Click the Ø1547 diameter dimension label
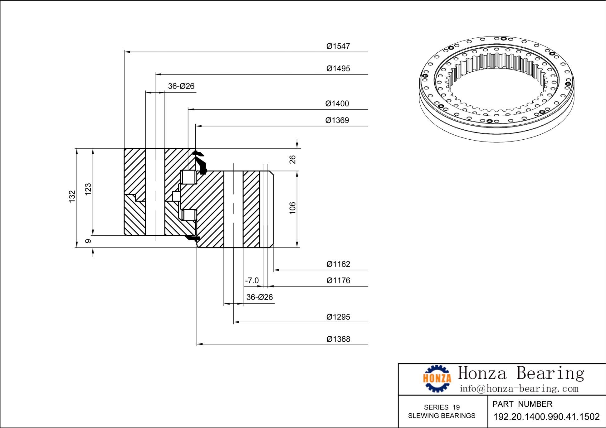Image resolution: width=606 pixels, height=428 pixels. [338, 46]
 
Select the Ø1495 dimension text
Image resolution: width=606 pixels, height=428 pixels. [338, 69]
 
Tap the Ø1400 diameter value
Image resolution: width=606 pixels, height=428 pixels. [337, 104]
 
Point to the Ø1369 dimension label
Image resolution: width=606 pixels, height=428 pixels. [337, 120]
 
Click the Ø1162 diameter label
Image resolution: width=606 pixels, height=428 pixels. [338, 264]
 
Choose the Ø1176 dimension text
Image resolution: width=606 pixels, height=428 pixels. [338, 281]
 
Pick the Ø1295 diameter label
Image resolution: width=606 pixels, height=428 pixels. [338, 317]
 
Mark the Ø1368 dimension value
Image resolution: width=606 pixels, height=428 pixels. [338, 339]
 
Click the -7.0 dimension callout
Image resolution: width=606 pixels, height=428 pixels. [252, 281]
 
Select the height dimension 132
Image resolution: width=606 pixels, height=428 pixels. [72, 196]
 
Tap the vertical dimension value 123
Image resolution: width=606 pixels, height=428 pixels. [88, 189]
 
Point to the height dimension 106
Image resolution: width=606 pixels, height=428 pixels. [292, 208]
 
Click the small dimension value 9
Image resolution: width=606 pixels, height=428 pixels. [88, 241]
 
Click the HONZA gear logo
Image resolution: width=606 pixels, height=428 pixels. [437, 378]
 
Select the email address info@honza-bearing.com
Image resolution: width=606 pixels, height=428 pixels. [519, 389]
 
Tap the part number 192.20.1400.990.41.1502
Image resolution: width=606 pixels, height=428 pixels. [546, 417]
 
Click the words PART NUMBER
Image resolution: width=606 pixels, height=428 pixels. [522, 404]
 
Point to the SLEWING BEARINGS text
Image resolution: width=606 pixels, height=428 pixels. [442, 416]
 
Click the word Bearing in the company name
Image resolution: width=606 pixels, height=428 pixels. [550, 373]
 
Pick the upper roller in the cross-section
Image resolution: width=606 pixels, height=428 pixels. [189, 177]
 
